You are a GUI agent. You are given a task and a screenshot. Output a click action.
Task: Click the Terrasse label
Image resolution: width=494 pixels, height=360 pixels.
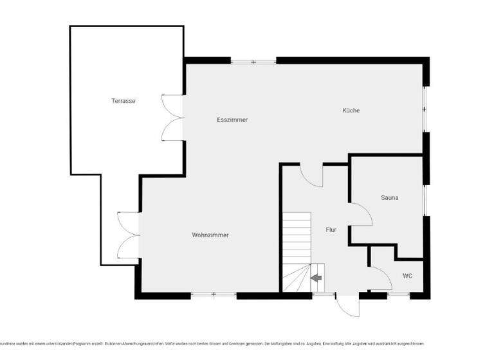pyautogui.click(x=123, y=101)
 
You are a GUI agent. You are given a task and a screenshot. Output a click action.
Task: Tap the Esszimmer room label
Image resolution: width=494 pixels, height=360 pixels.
pyautogui.click(x=232, y=120)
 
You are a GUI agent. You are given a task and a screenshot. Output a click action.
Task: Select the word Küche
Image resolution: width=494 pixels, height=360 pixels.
pyautogui.click(x=351, y=111)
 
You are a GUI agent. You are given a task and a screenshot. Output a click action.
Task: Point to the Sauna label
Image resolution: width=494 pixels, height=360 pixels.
pyautogui.click(x=389, y=197)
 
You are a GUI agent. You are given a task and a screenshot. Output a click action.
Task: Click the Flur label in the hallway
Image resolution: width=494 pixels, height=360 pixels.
pyautogui.click(x=331, y=230)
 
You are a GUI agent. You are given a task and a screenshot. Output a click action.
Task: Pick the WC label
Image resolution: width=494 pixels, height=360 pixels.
pyautogui.click(x=408, y=276)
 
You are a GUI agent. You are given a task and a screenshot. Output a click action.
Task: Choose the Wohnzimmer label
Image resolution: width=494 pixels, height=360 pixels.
pyautogui.click(x=210, y=235)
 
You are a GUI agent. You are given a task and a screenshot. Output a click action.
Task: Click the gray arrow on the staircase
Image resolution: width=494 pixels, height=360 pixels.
pyautogui.click(x=316, y=278)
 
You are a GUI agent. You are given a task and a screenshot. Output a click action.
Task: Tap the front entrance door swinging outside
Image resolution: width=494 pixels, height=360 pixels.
pyautogui.click(x=347, y=305)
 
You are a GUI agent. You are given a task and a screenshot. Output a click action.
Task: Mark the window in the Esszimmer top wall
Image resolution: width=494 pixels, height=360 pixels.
pyautogui.click(x=253, y=62)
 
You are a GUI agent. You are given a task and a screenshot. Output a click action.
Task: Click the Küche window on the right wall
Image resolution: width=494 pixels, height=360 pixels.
pyautogui.click(x=425, y=109)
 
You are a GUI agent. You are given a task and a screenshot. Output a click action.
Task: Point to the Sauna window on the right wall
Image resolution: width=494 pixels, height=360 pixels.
pyautogui.click(x=425, y=200)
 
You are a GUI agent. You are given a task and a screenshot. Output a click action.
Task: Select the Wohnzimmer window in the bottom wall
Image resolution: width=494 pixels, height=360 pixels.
pyautogui.click(x=214, y=295)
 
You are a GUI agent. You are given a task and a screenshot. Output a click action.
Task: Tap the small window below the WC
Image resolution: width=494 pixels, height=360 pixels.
pyautogui.click(x=390, y=294)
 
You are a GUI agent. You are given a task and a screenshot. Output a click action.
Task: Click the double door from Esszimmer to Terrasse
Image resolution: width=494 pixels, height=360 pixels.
pyautogui.click(x=173, y=117)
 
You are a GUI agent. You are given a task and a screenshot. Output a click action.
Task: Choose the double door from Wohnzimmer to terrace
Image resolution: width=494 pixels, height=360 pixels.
pyautogui.click(x=129, y=235)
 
